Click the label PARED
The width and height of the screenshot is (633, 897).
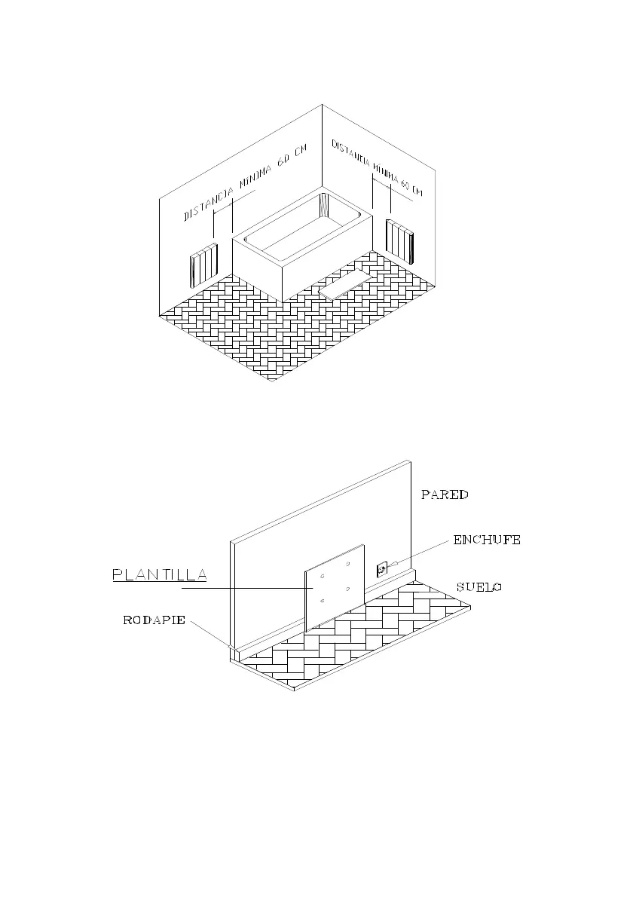[x=445, y=495]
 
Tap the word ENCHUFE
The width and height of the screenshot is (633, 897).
[x=487, y=540]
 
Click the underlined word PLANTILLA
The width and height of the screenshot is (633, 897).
[x=159, y=575]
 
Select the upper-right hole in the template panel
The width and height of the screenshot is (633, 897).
[x=347, y=565]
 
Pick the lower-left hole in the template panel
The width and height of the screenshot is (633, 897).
[x=323, y=601]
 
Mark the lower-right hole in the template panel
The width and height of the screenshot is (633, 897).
[x=347, y=589]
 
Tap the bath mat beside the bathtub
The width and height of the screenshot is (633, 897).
[x=347, y=283]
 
